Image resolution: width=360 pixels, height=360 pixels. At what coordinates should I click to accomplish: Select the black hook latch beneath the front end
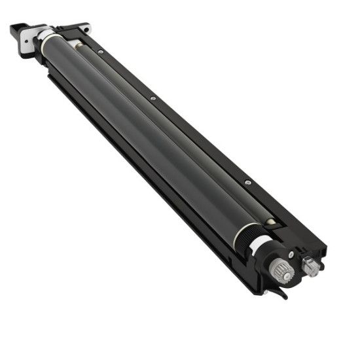click(x=283, y=293)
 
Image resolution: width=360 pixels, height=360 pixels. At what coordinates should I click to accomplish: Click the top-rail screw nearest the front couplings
click(x=248, y=183)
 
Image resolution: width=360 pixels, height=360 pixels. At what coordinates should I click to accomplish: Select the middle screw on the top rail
click(x=153, y=99)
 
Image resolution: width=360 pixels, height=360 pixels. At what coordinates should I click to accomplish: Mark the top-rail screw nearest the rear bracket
click(x=99, y=52)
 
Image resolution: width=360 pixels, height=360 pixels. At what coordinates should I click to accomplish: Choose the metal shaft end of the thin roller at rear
click(x=75, y=45)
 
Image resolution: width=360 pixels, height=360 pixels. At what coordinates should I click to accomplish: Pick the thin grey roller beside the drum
click(x=170, y=131)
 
